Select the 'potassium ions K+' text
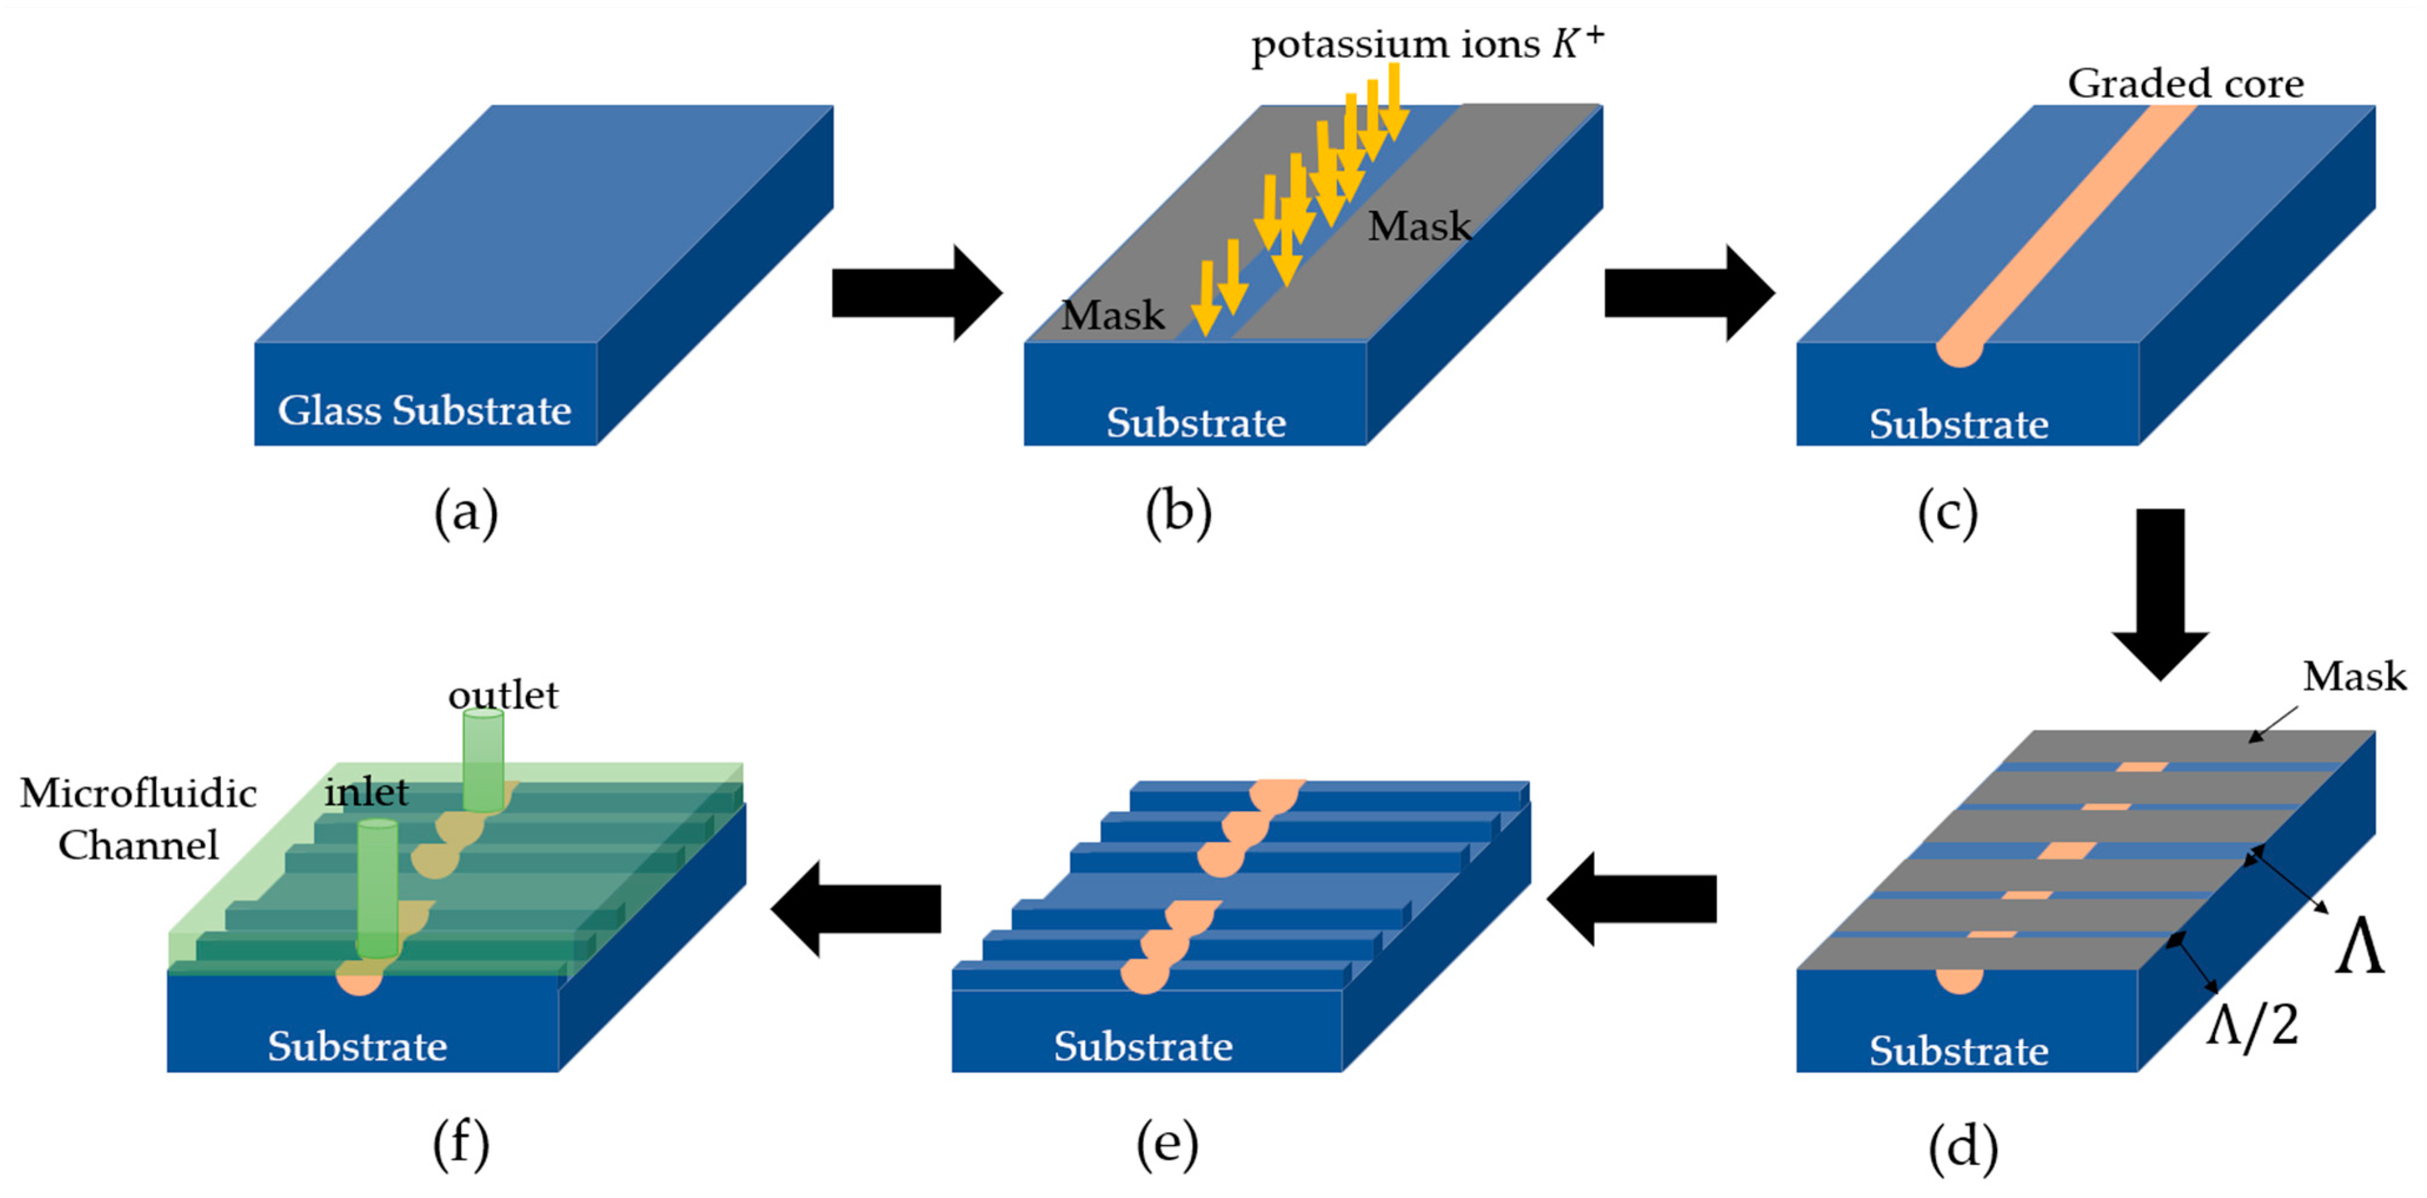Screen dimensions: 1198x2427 pos(1427,44)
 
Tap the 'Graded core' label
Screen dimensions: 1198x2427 pos(2186,84)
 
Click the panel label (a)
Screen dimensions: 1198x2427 pos(466,515)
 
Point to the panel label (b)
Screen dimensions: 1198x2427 pos(1178,515)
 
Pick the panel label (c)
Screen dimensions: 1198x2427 pos(1947,515)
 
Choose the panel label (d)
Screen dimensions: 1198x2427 pos(1963,1147)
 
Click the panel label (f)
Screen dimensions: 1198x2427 pos(461,1144)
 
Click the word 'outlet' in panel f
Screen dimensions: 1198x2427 pos(503,696)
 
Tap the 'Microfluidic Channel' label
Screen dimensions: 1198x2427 pos(138,818)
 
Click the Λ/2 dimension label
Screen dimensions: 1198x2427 pos(2252,1025)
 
